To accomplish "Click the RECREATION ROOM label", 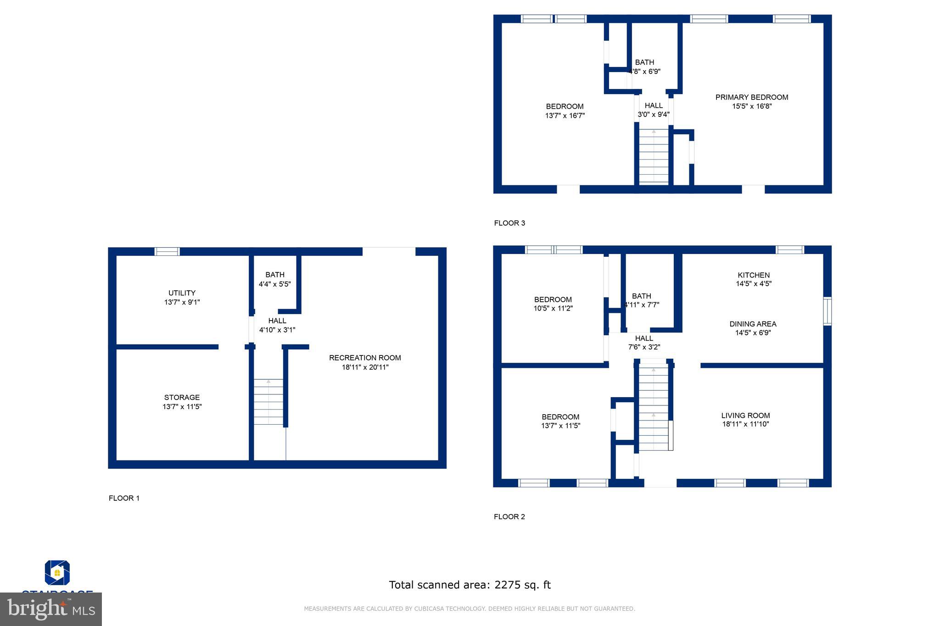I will pos(365,358).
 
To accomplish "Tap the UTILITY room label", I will pos(182,293).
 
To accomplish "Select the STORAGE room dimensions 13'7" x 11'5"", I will pos(182,407).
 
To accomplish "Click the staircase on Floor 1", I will pos(269,402).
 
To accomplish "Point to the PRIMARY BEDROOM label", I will pos(751,97).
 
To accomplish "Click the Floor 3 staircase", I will pos(654,157).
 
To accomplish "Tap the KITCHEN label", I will pos(753,275).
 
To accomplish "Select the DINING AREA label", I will pos(753,324).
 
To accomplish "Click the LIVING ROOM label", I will pos(745,415).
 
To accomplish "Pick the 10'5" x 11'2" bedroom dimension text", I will pos(553,309).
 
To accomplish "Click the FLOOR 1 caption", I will pos(124,498).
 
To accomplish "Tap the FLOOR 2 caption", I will pos(509,517).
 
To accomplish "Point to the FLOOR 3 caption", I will pos(509,223).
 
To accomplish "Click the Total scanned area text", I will pos(470,585).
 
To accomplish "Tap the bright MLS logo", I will pos(51,609).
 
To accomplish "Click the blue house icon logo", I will pos(57,572).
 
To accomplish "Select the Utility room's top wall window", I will pos(167,251).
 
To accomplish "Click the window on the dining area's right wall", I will pos(827,311).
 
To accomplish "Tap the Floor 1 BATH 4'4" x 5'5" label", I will pos(274,279).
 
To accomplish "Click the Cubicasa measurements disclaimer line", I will pos(469,609).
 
